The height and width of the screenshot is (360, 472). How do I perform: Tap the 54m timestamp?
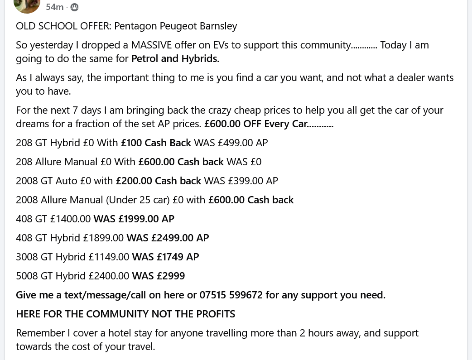pos(55,7)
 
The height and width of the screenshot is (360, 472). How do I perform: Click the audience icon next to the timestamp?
pos(74,7)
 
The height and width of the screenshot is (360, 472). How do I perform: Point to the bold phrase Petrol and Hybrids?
pos(175,58)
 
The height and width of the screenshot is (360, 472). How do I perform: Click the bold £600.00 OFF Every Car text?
pos(269,124)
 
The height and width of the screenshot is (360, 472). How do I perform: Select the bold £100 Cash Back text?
pos(156,143)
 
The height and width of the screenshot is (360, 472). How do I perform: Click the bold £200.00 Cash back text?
pos(159,181)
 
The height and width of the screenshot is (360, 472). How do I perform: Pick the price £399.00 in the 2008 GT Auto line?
pos(246,181)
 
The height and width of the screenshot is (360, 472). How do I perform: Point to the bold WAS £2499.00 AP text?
pos(168,238)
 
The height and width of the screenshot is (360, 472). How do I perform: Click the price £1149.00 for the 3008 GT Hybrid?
pos(109,257)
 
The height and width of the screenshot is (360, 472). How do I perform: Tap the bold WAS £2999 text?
pos(158,276)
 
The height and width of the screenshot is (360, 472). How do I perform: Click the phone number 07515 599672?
pos(231,295)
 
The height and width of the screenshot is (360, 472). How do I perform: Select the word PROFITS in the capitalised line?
pos(215,314)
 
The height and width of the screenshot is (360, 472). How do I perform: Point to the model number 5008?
pos(27,276)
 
